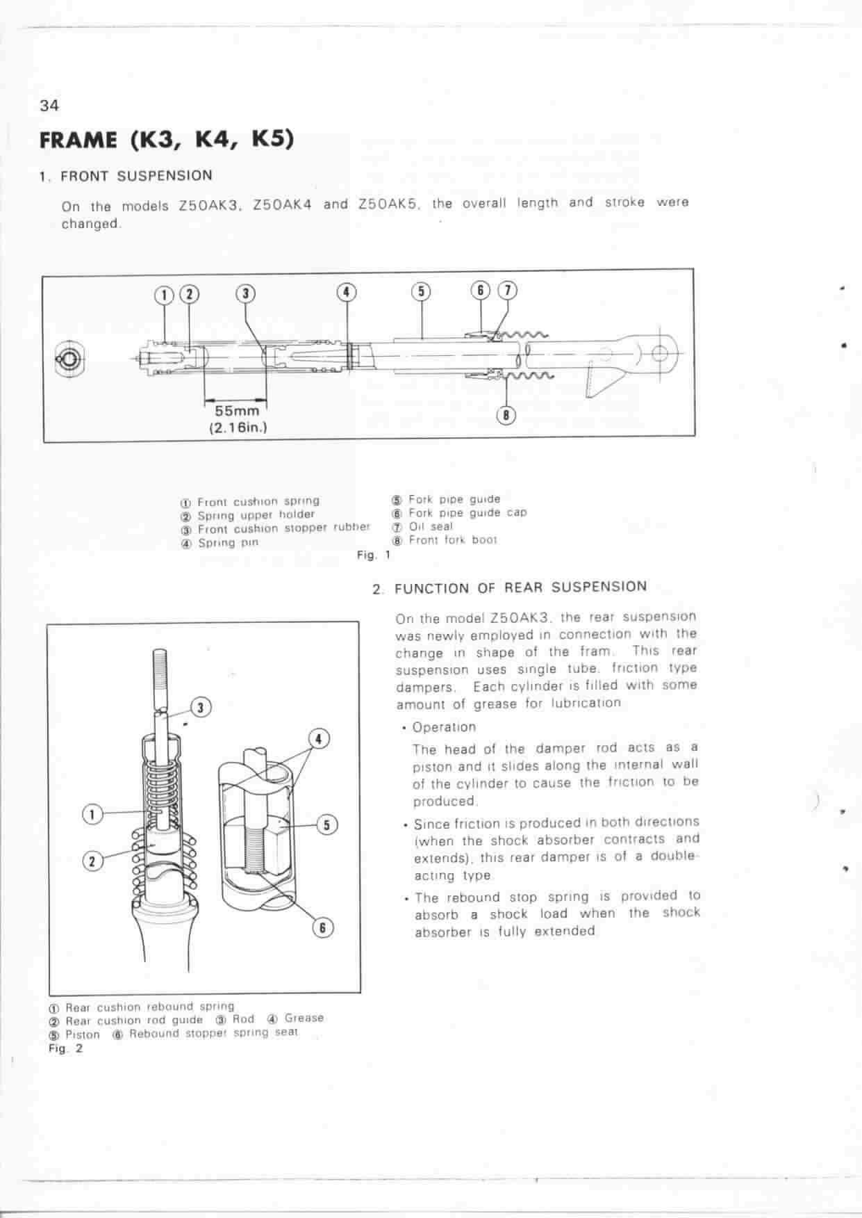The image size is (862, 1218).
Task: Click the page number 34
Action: tap(50, 106)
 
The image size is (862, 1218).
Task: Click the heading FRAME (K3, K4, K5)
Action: tap(167, 140)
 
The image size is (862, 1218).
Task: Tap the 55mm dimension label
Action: tap(237, 411)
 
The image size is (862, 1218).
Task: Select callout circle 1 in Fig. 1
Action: tap(165, 294)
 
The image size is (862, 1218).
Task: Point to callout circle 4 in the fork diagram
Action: tap(347, 292)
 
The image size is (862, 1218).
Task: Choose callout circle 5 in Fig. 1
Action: tap(421, 291)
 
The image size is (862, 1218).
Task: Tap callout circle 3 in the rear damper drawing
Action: tap(201, 708)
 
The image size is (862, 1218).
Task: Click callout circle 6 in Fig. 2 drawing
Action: tap(322, 927)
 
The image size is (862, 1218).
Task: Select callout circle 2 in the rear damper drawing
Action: tap(92, 861)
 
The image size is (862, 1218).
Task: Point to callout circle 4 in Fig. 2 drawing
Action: tap(318, 738)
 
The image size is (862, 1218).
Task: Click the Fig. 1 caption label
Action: tap(374, 555)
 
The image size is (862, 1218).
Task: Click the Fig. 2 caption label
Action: tap(65, 1048)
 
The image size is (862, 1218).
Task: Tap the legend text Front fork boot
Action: tap(452, 539)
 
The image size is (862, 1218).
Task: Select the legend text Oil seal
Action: tap(431, 526)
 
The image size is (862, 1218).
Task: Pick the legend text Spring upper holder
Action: tap(256, 515)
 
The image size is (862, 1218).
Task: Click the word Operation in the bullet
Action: tap(444, 727)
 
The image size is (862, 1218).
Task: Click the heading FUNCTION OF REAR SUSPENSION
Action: tap(520, 587)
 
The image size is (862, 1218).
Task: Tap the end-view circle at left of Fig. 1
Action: tap(71, 359)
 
